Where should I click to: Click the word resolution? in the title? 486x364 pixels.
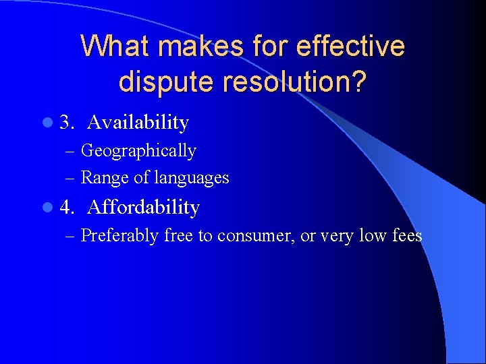point(292,82)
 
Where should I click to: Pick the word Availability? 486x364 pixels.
point(138,123)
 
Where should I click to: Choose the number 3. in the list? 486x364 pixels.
point(67,123)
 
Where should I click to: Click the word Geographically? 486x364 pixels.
point(138,151)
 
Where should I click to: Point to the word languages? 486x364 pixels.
point(192,178)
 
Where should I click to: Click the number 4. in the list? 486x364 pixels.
point(67,208)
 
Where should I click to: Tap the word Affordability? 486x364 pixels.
point(143,208)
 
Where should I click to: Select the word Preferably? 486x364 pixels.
point(119,236)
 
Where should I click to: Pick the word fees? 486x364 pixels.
point(407,236)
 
